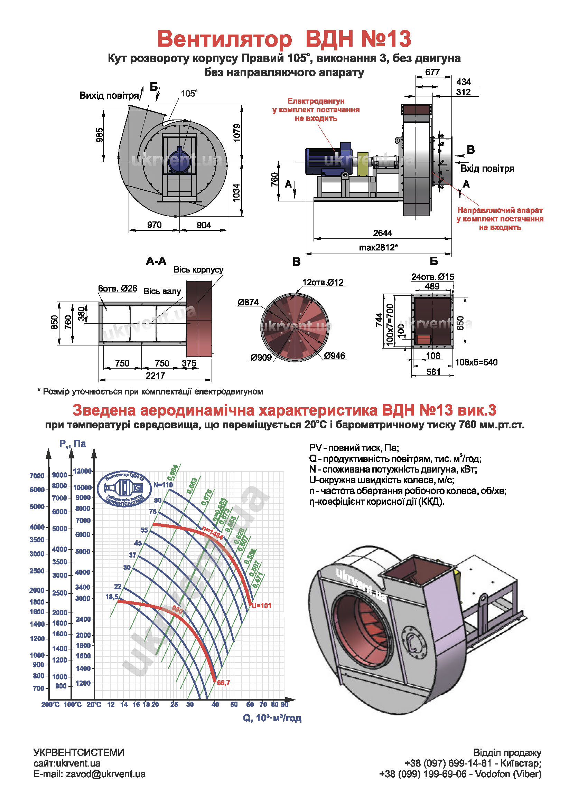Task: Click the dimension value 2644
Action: pos(382,233)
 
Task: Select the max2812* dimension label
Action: pos(378,247)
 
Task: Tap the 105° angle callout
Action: pos(189,93)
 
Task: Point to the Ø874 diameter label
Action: pos(248,302)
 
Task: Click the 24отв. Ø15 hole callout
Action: pos(432,277)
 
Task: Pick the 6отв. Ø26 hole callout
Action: pos(118,288)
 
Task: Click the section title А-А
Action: pos(156,261)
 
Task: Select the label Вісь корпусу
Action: pos(198,269)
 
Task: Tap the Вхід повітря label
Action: pos(487,169)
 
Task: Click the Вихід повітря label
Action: pos(109,95)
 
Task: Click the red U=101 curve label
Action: pos(261,606)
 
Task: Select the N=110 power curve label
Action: pos(163,485)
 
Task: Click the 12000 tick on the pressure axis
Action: pos(82,471)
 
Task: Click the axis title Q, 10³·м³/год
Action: pos(272,718)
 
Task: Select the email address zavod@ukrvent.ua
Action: pos(105,774)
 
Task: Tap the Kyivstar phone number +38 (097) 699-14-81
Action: pos(448,763)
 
